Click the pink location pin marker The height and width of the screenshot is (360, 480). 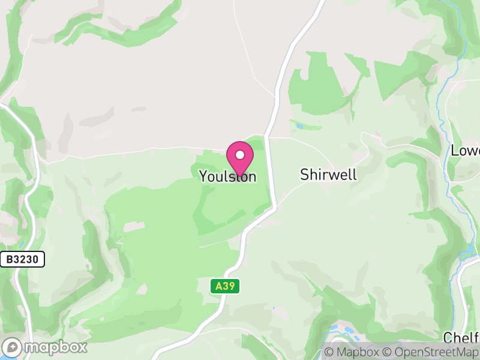point(240,158)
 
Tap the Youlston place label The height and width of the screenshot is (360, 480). point(227,176)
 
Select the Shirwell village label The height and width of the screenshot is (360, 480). point(328,175)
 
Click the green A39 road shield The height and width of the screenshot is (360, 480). point(225,286)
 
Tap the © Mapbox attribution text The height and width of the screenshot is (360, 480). point(351,352)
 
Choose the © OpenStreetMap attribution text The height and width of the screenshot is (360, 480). point(430,352)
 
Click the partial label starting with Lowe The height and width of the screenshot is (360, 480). point(466,151)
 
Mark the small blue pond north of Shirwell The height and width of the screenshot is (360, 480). point(299,127)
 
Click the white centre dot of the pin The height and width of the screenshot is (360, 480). point(240,155)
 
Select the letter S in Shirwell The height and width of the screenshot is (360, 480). point(304,175)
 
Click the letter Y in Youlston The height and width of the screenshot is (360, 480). point(203,176)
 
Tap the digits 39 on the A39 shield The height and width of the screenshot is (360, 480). point(229,286)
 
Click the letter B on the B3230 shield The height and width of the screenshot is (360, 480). point(10,259)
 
